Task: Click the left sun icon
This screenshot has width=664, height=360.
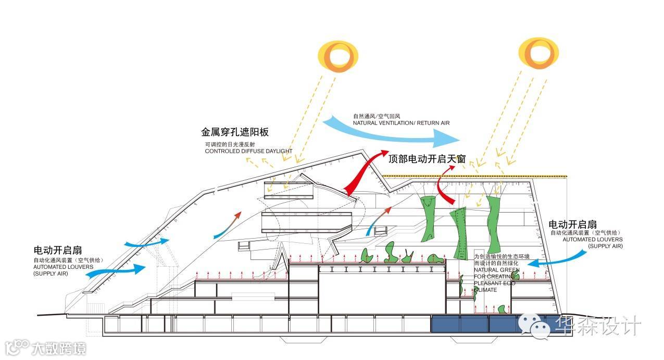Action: tap(338, 57)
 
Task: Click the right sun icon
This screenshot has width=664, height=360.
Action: tap(538, 54)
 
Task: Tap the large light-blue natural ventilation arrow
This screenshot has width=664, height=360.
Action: tap(396, 132)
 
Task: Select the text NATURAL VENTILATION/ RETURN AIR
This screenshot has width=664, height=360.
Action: tap(400, 123)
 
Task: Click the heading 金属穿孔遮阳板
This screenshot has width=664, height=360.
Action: tap(235, 132)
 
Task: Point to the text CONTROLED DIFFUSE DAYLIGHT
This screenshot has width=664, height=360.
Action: tap(248, 151)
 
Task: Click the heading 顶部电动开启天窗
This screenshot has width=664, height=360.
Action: tap(427, 159)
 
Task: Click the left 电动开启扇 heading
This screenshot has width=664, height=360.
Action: tap(58, 250)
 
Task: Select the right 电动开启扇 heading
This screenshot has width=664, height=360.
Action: tap(573, 225)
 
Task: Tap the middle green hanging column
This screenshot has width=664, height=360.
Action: tap(459, 232)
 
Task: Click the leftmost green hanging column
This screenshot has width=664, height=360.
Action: tap(429, 216)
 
